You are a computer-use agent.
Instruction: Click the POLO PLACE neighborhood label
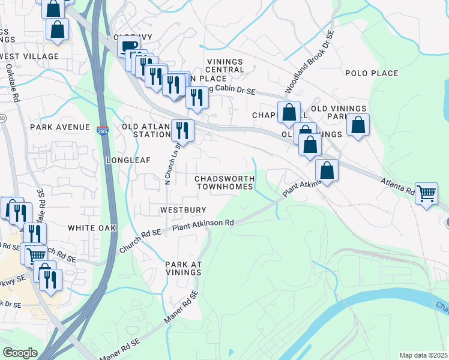tap(372, 73)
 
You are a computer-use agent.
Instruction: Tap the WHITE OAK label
tap(91, 228)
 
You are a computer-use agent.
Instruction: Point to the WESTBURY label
tap(183, 210)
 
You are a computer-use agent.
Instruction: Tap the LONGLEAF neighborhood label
tap(125, 161)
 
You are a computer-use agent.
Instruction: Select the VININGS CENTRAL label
tap(225, 65)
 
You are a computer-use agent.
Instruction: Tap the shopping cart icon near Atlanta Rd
tap(426, 193)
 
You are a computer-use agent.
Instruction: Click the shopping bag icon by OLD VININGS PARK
tap(358, 125)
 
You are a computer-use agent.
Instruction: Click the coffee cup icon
tap(128, 46)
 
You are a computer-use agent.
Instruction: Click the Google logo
tap(20, 353)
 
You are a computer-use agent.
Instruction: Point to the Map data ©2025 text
tap(423, 355)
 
